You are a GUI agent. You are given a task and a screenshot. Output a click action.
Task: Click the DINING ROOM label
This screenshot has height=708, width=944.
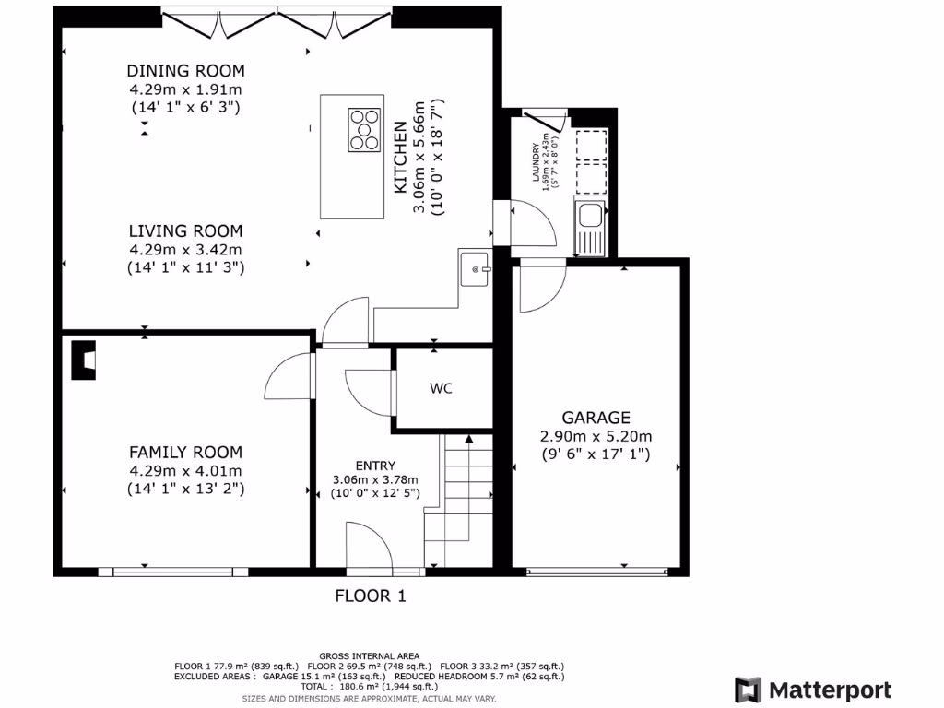click(185, 71)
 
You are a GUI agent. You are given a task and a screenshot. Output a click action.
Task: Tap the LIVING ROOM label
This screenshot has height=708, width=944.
click(185, 231)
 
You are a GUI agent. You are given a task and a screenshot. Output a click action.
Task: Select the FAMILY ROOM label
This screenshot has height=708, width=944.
click(185, 452)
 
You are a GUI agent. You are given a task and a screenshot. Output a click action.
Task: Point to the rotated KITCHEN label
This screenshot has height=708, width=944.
click(400, 158)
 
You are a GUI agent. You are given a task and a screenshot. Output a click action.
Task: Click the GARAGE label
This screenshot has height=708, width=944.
click(596, 418)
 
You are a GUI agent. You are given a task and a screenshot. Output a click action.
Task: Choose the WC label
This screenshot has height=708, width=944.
click(441, 389)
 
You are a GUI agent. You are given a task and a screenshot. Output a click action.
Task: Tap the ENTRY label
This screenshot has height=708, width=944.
click(375, 466)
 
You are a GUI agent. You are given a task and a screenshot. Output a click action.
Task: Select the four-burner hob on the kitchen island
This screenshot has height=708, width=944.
click(364, 128)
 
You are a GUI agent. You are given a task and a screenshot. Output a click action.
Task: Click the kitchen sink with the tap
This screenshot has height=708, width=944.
click(475, 268)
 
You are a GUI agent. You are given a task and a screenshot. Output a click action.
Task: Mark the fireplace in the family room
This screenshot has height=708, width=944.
click(83, 360)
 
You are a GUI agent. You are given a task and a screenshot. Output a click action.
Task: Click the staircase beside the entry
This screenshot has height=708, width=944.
click(458, 498)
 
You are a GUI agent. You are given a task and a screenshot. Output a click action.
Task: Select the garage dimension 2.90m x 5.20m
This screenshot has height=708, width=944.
click(596, 436)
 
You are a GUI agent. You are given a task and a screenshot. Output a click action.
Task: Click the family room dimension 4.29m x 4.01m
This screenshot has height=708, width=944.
click(185, 470)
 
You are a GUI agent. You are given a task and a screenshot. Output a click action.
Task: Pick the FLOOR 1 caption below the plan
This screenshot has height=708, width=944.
click(370, 596)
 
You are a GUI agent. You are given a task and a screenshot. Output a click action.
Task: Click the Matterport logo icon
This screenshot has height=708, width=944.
click(748, 690)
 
